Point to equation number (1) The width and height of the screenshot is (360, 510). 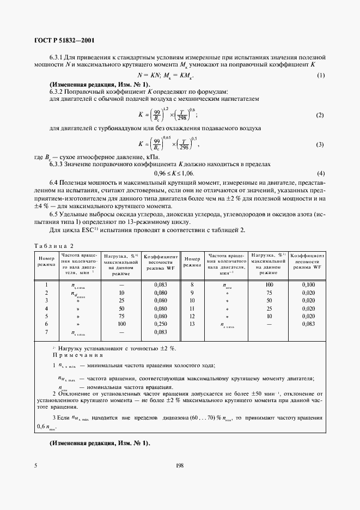pos(321,75)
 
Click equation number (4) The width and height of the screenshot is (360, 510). pos(321,173)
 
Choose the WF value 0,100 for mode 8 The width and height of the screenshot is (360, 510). pos(308,284)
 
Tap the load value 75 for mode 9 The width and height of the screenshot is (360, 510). pos(269,293)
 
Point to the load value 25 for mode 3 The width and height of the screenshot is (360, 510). pos(121,300)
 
